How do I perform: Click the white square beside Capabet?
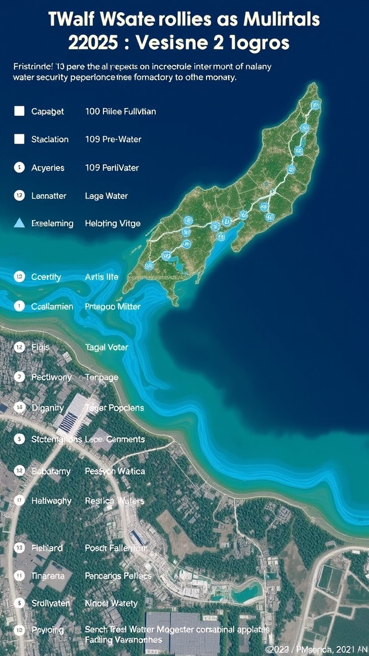click(19, 111)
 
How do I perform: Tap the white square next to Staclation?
click(19, 139)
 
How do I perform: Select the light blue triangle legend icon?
click(19, 223)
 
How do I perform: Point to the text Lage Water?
click(106, 196)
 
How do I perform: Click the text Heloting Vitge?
click(112, 223)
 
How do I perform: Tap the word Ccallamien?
click(52, 306)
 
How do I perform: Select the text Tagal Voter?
click(107, 347)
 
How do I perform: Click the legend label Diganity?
click(48, 408)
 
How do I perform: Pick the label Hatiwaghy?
click(51, 501)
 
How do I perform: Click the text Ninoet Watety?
click(111, 603)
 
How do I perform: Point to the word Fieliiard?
click(47, 548)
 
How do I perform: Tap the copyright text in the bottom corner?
click(316, 649)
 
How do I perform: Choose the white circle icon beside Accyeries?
click(19, 167)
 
